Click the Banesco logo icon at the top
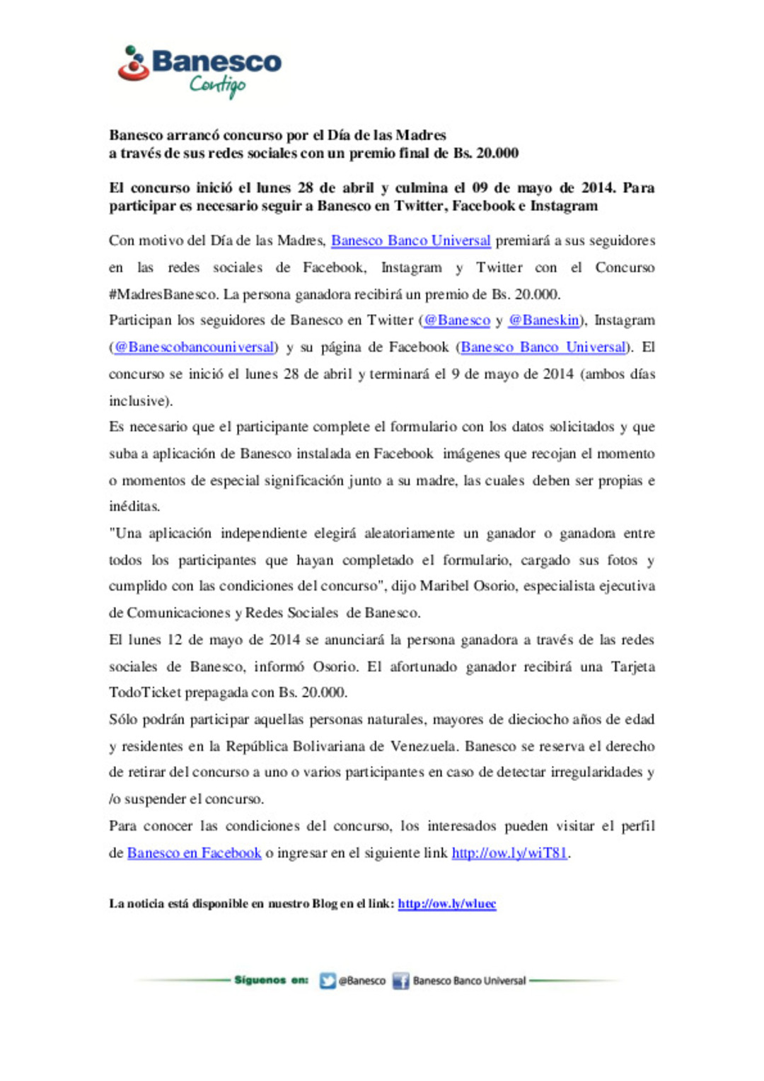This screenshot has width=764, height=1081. [x=132, y=64]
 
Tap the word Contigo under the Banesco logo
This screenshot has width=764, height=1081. [x=217, y=86]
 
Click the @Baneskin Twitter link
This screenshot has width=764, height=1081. [x=543, y=320]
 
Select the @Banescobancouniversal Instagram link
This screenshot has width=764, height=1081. [x=194, y=347]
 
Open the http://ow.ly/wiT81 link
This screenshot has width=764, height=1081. [x=509, y=853]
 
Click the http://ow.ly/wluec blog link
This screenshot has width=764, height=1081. [x=446, y=904]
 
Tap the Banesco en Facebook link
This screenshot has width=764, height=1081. [x=194, y=853]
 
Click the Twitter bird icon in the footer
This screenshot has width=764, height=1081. [x=328, y=981]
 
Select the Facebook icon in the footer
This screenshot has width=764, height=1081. [x=400, y=981]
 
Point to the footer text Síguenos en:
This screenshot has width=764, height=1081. [x=271, y=981]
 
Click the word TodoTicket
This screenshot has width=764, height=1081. [x=144, y=693]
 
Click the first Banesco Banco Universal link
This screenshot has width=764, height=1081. [x=410, y=241]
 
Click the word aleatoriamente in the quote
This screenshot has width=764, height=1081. [x=409, y=533]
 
